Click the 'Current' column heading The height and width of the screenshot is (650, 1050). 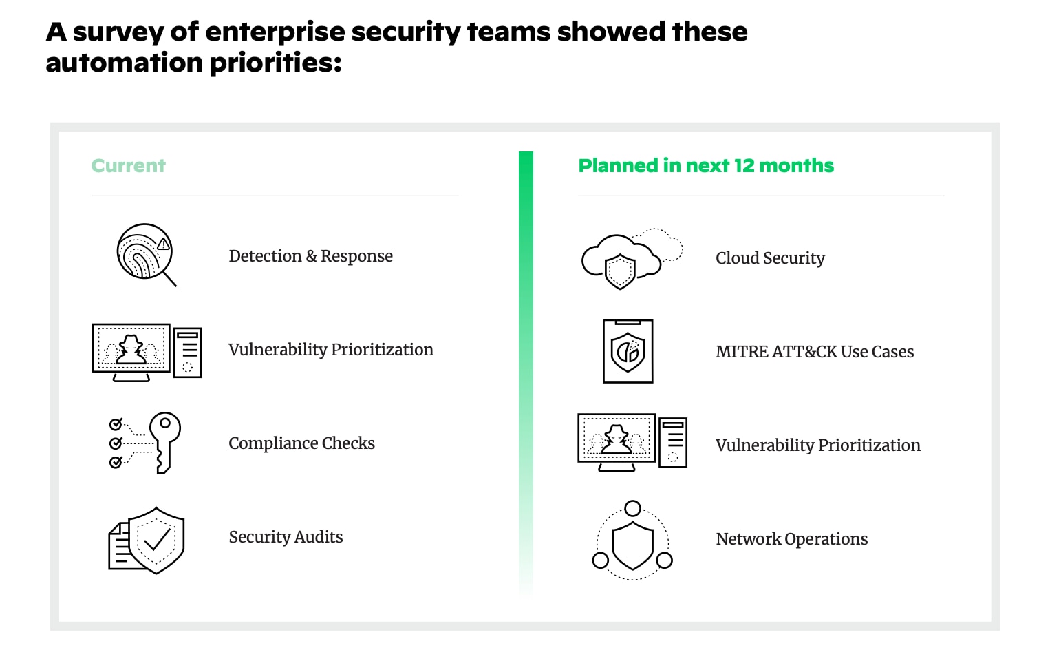[x=129, y=166]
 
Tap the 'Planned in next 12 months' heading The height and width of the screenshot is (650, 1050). [x=706, y=166]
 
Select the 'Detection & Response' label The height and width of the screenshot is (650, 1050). [x=310, y=256]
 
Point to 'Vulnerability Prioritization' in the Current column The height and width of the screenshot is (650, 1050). [x=330, y=350]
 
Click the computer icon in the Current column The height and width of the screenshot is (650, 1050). [x=147, y=352]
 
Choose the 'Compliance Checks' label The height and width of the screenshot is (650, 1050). [x=301, y=443]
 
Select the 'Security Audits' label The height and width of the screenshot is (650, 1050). [x=286, y=537]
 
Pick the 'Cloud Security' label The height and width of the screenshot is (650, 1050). [x=770, y=258]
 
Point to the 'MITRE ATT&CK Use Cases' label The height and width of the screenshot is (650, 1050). [x=815, y=352]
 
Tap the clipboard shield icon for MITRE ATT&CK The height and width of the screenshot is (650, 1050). [x=628, y=351]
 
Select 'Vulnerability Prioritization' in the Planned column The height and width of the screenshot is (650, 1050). [x=817, y=445]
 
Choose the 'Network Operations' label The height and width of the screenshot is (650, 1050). [x=791, y=539]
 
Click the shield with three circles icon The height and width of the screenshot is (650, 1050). [x=632, y=541]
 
